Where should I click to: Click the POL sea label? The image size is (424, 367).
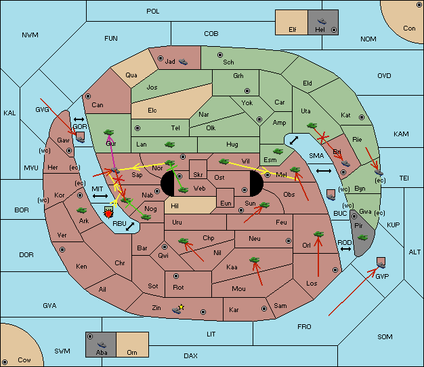point(153,12)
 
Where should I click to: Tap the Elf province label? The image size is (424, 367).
point(293,30)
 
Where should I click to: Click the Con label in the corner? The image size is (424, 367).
point(409,28)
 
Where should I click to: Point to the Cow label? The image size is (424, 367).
point(24,360)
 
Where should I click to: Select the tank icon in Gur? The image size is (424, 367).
point(108,132)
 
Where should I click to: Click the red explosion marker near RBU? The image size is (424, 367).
point(108,214)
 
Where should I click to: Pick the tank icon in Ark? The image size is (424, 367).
point(83,210)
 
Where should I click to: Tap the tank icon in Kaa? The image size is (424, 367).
point(255,259)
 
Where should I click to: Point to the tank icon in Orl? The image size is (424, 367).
point(319,234)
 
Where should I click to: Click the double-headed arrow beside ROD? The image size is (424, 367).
point(345,250)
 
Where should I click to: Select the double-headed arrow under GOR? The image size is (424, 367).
point(80,119)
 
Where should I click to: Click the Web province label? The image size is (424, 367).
point(199,188)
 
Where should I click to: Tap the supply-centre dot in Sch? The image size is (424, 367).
point(219,54)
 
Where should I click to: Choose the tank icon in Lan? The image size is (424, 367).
point(169,144)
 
